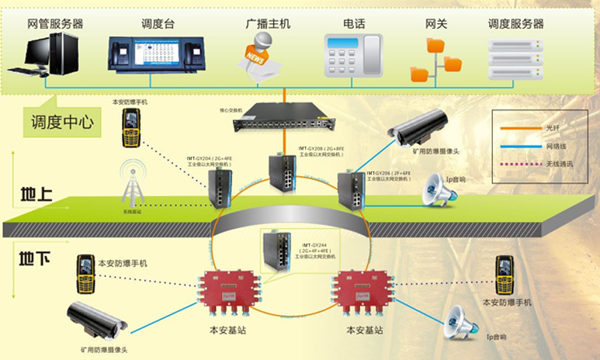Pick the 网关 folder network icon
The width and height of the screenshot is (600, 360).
[431, 57]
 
